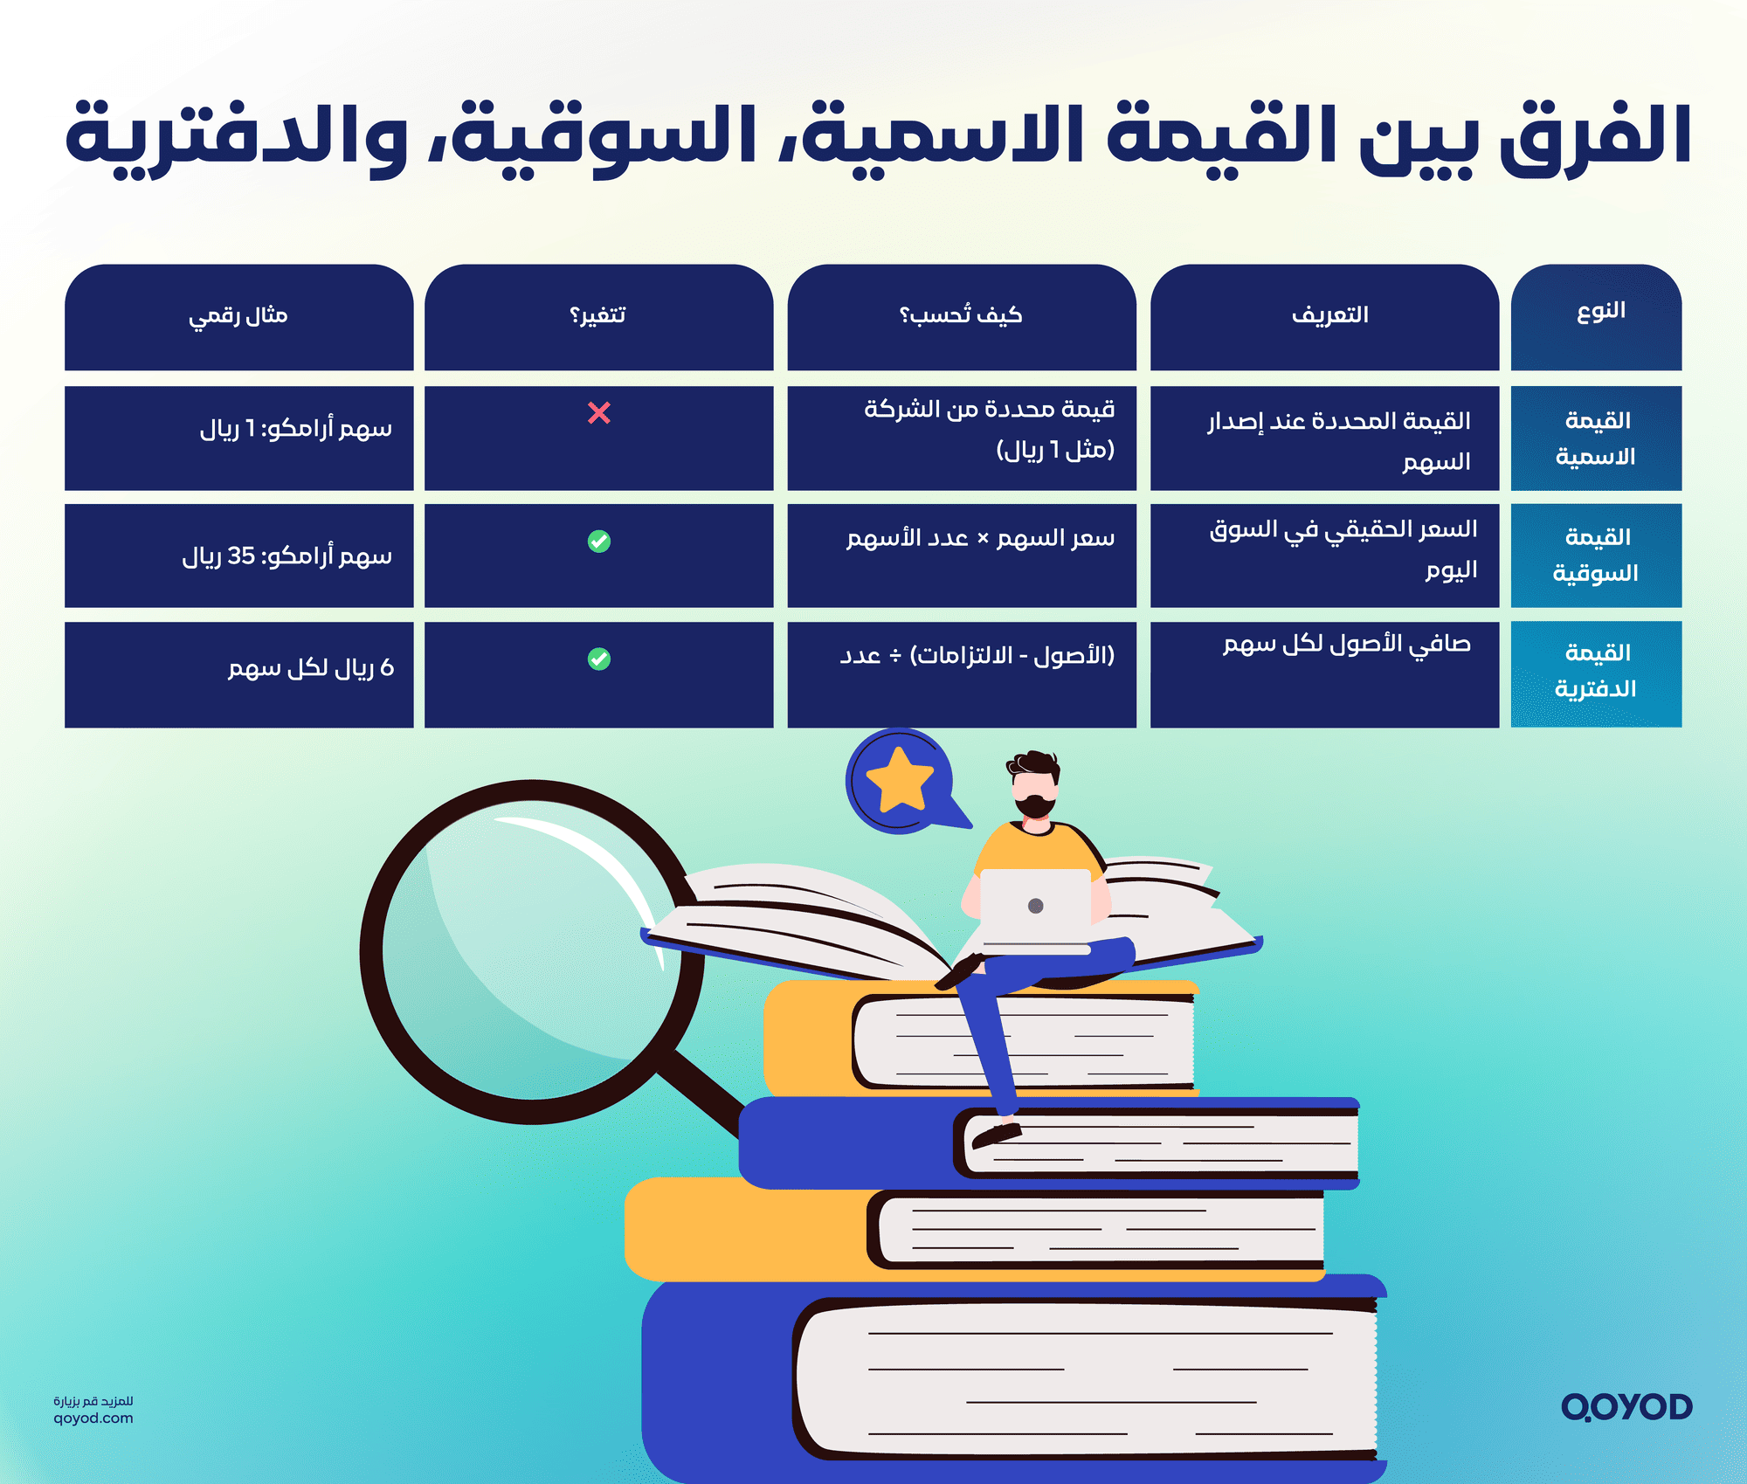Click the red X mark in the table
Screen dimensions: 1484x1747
pyautogui.click(x=599, y=412)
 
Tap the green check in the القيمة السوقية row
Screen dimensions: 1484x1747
pyautogui.click(x=599, y=542)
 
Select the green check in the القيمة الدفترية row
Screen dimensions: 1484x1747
pyautogui.click(x=599, y=659)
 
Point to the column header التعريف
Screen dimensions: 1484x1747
pyautogui.click(x=1329, y=315)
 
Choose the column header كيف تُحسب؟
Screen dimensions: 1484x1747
pyautogui.click(x=961, y=315)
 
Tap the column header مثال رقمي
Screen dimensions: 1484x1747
pyautogui.click(x=238, y=315)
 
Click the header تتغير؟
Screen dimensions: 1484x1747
pyautogui.click(x=598, y=315)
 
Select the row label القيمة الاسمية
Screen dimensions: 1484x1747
pyautogui.click(x=1597, y=438)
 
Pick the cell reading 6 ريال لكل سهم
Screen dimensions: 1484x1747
pyautogui.click(x=311, y=668)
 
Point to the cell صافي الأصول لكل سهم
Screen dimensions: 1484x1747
pyautogui.click(x=1346, y=645)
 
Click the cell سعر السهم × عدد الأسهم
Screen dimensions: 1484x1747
pyautogui.click(x=980, y=538)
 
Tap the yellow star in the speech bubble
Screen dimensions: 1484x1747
pyautogui.click(x=900, y=779)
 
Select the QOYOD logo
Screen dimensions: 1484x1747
pyautogui.click(x=1626, y=1406)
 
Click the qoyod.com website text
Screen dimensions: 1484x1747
pyautogui.click(x=93, y=1418)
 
